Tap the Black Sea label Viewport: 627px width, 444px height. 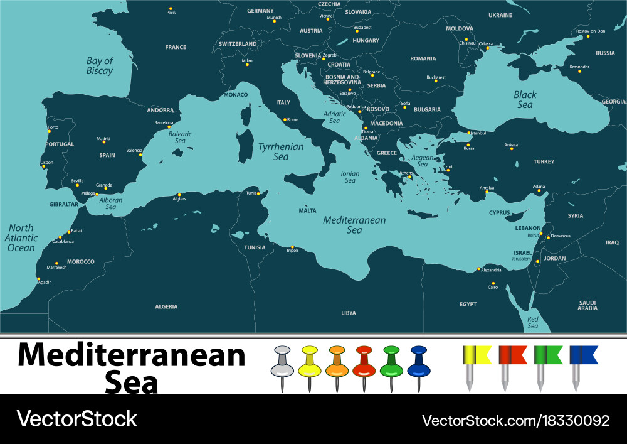pos(525,100)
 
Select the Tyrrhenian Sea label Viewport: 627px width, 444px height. pos(280,151)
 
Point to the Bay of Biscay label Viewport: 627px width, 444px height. pos(100,66)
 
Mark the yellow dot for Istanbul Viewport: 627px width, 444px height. pos(468,133)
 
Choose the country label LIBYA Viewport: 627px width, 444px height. pos(349,313)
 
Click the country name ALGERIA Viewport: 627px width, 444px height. pos(166,306)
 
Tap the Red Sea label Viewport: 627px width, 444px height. pos(532,322)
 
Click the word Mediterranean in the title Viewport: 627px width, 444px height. pos(131,356)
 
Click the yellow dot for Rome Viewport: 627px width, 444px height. pos(285,119)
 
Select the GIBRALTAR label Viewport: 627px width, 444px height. pos(63,204)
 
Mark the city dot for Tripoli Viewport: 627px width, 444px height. pos(292,247)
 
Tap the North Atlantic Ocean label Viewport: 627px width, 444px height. pos(21,238)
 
